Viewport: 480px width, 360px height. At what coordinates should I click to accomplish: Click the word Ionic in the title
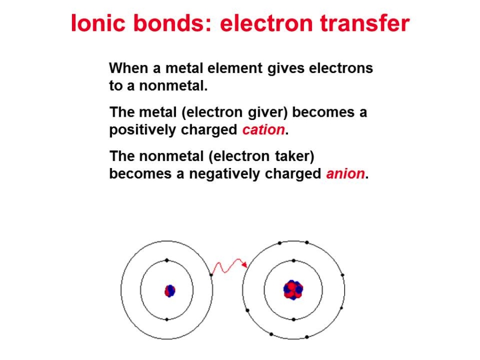coord(98,23)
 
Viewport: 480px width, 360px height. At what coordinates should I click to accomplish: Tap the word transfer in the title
coord(365,23)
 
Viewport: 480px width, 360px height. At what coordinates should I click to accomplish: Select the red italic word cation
coord(263,130)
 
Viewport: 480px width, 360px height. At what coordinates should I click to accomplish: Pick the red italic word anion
coord(346,173)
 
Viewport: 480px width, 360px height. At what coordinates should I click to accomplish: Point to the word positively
coord(142,130)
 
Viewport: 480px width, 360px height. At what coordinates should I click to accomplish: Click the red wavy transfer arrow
coord(229,266)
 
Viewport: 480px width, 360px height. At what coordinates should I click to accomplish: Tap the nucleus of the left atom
coord(170,291)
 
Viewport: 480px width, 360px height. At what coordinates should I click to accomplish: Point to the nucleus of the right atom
coord(293,290)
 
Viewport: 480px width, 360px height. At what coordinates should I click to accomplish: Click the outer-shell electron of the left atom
coord(211,275)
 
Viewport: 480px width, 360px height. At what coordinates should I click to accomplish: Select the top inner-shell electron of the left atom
coord(167,260)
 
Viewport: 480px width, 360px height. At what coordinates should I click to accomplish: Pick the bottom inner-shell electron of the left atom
coord(167,319)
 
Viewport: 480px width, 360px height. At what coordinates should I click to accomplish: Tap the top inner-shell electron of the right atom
coord(293,261)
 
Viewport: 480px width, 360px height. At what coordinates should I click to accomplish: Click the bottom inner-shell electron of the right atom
coord(293,319)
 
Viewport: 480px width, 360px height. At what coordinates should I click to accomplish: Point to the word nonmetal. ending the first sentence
coord(173,86)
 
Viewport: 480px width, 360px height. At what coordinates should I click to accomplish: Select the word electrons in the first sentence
coord(341,68)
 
